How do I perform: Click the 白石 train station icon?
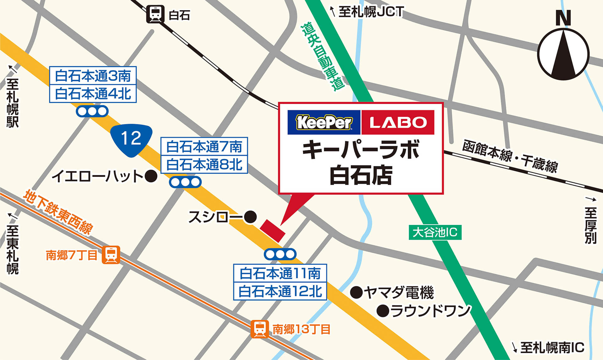[x=155, y=14]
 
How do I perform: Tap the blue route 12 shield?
[x=131, y=139]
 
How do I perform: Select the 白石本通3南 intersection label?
[x=93, y=76]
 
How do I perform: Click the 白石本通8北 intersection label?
[x=204, y=164]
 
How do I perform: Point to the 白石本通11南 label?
[x=280, y=273]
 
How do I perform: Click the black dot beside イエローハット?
[x=151, y=176]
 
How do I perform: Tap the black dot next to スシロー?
[x=250, y=217]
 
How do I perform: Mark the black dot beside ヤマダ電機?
[x=356, y=293]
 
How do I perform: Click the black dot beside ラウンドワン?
[x=383, y=311]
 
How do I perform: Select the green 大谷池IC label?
[x=435, y=233]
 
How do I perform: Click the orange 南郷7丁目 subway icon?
[x=111, y=255]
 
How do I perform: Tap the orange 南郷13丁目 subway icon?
[x=259, y=329]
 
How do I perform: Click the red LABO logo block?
[x=398, y=122]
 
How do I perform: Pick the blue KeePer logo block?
[x=324, y=122]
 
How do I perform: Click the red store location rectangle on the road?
[x=273, y=231]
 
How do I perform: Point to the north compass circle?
[x=563, y=54]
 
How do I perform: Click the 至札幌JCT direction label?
[x=367, y=12]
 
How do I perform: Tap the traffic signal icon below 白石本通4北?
[x=92, y=111]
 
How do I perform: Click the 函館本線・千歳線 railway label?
[x=510, y=156]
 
